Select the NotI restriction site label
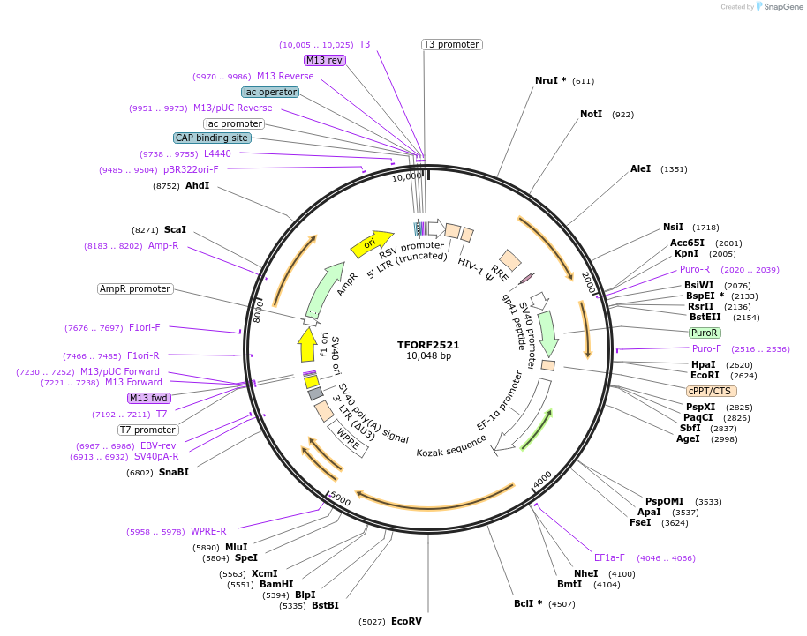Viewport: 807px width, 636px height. tap(592, 115)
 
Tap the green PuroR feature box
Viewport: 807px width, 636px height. tap(705, 333)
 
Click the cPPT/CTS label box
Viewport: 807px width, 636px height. tap(711, 391)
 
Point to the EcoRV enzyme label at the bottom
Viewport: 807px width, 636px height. tap(406, 622)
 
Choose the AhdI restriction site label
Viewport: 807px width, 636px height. tap(197, 186)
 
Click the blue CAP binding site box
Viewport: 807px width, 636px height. tap(212, 138)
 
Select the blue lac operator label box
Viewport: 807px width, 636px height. tap(270, 92)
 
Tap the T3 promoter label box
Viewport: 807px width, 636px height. tap(451, 44)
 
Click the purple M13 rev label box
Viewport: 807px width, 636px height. tap(324, 60)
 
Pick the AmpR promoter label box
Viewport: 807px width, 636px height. tap(135, 288)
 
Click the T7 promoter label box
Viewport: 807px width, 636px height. tap(148, 430)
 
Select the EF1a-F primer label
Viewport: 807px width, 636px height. tap(609, 557)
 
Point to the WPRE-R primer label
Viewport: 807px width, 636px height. tap(208, 531)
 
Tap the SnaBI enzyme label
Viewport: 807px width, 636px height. tap(173, 472)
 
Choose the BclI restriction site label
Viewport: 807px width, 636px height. tap(528, 604)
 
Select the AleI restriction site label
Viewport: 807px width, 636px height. tap(641, 168)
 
